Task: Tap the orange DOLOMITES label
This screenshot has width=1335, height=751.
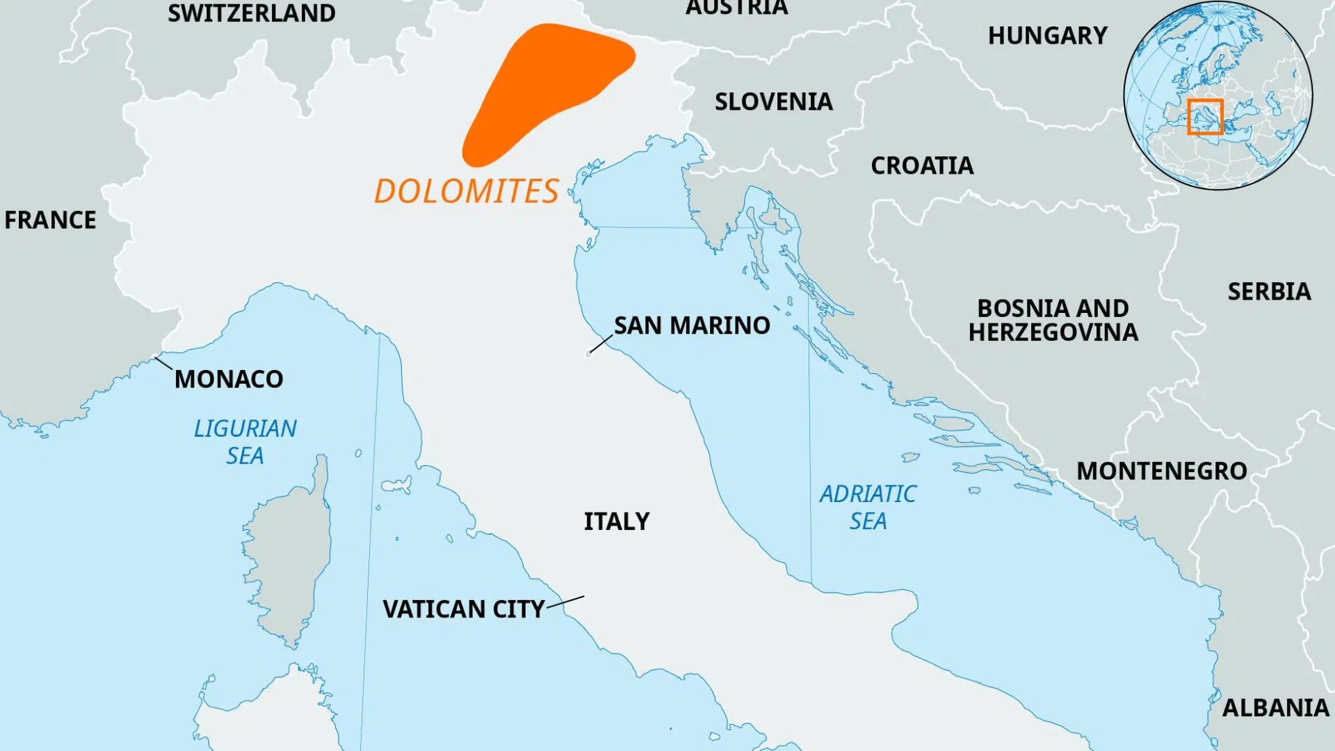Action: [466, 191]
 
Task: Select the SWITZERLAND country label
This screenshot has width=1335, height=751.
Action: [252, 13]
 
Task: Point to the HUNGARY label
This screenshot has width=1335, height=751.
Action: [1048, 35]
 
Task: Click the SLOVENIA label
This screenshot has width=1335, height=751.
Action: [774, 102]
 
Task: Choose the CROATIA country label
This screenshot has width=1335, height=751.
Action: [922, 165]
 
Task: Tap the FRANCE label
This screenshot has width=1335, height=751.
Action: [50, 220]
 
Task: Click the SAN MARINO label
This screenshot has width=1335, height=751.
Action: [692, 325]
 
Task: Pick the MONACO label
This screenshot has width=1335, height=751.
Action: [229, 379]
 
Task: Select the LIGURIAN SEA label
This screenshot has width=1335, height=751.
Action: [245, 442]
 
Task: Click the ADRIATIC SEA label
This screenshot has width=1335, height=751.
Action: [868, 507]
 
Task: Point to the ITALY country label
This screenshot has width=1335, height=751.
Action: [617, 522]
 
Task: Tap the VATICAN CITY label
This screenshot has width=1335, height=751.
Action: [464, 609]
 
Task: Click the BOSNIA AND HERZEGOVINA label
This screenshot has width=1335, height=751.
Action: [1053, 320]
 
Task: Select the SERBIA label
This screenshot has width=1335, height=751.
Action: [1269, 291]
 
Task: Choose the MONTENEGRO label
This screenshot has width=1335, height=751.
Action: [1162, 471]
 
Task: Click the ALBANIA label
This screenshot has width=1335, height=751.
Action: [1276, 708]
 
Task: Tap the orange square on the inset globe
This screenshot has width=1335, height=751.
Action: [1205, 116]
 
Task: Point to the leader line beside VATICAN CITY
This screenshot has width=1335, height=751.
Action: [566, 601]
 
